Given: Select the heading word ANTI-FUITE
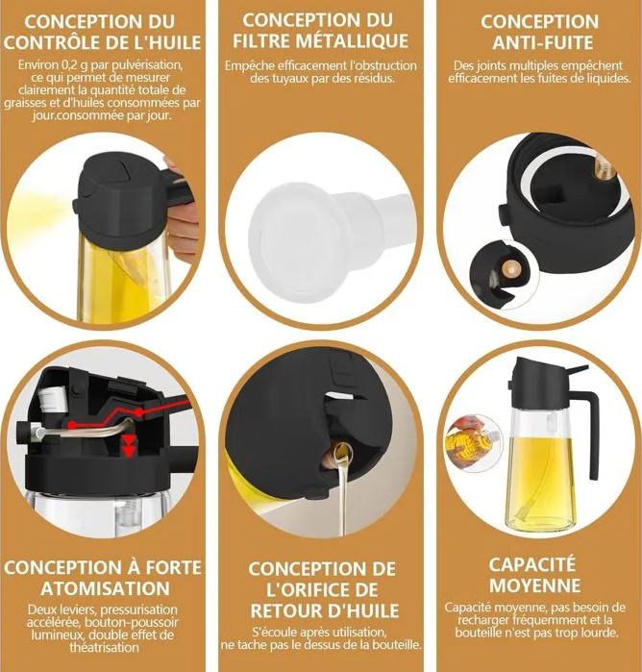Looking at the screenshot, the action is click(x=543, y=43).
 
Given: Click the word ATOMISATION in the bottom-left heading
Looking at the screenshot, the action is click(x=105, y=588).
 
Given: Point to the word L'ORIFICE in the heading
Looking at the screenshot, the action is click(x=322, y=589).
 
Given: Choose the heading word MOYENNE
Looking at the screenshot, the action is click(x=535, y=585).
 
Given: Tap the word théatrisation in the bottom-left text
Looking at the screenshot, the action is click(x=104, y=647).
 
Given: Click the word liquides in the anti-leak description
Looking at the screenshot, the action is click(x=606, y=79).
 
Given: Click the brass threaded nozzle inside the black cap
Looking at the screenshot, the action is click(x=604, y=167).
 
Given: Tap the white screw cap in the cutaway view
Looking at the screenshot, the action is click(x=52, y=397).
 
